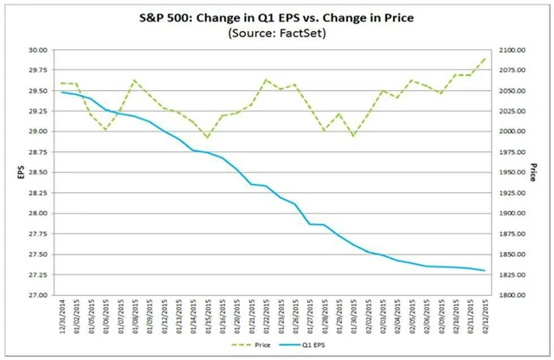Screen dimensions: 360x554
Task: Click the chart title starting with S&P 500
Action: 276,16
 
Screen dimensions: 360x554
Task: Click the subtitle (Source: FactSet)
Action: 276,33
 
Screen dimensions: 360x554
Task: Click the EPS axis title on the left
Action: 12,172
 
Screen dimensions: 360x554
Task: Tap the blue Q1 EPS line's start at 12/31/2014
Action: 61,92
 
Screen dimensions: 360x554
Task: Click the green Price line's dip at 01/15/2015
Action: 208,138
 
